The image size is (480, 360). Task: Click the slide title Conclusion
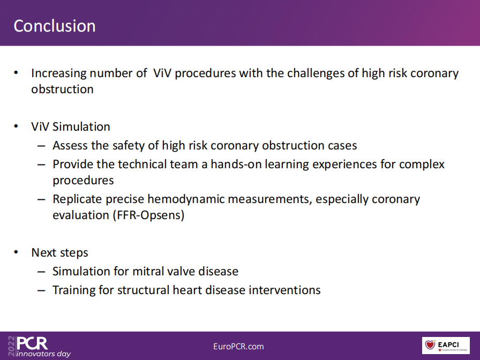(55, 26)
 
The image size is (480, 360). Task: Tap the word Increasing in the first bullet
(59, 73)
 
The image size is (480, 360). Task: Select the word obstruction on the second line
(63, 89)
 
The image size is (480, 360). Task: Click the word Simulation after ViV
(81, 127)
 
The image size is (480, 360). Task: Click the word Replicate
(78, 199)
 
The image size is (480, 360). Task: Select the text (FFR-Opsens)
(148, 215)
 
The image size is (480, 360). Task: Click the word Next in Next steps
(43, 252)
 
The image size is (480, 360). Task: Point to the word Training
(74, 290)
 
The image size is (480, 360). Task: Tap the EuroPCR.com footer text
(238, 347)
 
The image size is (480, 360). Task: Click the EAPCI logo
(446, 346)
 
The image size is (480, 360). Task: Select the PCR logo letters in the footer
(32, 343)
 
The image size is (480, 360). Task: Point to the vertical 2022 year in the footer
(11, 346)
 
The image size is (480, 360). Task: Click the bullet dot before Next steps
(16, 252)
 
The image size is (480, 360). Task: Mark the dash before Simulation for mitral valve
(41, 272)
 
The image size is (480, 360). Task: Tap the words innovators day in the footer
(43, 354)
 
